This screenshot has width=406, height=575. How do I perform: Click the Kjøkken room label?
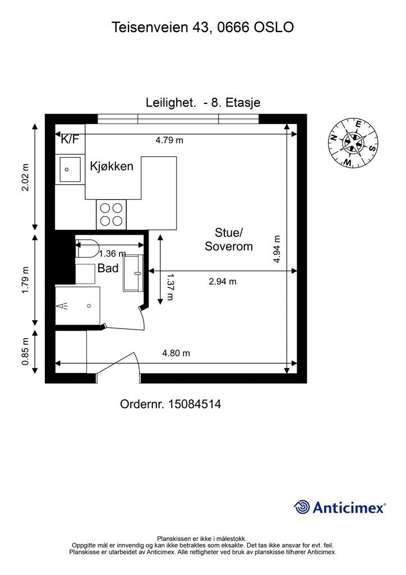[x=112, y=166]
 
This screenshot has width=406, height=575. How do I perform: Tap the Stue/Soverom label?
[x=229, y=239]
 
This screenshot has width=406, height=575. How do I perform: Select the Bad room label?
[x=108, y=268]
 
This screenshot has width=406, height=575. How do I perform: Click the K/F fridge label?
[x=70, y=139]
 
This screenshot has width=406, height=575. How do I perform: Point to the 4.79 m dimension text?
[x=169, y=140]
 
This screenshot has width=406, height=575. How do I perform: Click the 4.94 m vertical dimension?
[x=277, y=249]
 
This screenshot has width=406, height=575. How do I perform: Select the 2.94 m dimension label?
[x=223, y=282]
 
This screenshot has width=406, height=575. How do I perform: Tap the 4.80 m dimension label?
[x=176, y=353]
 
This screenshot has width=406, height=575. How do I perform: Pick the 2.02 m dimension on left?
[x=25, y=177]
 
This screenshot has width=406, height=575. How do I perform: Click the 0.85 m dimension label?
[x=25, y=352]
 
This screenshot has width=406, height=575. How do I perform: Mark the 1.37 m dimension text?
[x=169, y=286]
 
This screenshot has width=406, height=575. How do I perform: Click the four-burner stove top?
[x=111, y=215]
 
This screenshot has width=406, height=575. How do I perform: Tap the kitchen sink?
[x=70, y=170]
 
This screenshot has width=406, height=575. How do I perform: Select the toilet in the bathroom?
[x=87, y=248]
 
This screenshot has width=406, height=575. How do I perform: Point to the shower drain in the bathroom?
[x=89, y=306]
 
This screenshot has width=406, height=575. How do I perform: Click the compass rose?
[x=352, y=143]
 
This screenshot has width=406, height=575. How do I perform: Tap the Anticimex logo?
[x=339, y=507]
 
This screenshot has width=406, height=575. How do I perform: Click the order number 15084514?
[x=195, y=404]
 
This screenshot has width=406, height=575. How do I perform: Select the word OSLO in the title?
[x=274, y=27]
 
